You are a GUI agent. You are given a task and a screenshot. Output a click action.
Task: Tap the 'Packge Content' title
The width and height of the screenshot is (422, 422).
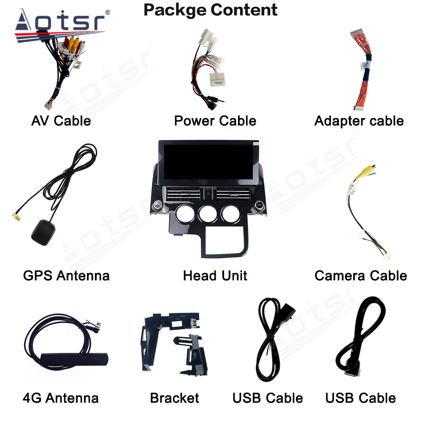tap(211, 9)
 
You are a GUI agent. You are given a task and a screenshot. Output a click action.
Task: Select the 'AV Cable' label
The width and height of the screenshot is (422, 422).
tap(61, 121)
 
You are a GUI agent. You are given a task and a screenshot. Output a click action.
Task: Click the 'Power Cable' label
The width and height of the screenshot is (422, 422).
tap(215, 121)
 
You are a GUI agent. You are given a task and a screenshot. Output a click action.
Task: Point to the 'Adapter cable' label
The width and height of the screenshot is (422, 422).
tap(359, 121)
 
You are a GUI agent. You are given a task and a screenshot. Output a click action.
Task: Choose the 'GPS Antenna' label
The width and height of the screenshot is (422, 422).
tap(66, 276)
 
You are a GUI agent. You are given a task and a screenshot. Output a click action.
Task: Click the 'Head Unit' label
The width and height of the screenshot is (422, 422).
tap(215, 276)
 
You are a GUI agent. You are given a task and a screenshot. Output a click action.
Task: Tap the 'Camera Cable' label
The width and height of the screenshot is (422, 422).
tap(361, 276)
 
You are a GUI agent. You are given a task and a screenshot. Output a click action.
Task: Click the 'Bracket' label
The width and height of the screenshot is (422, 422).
tap(174, 398)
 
